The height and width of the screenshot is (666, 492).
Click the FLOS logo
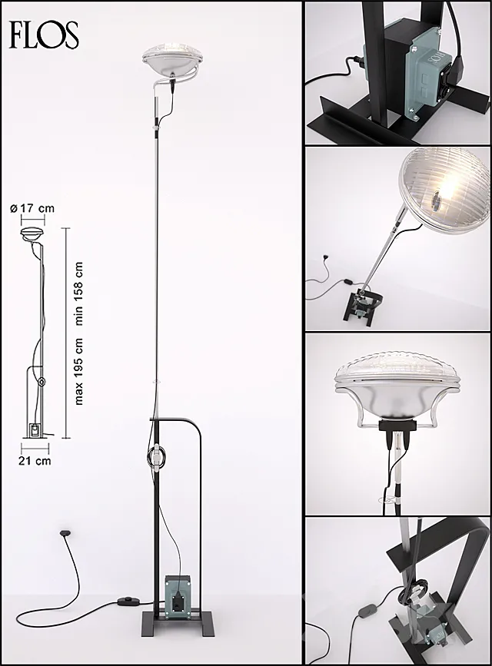pos(45,34)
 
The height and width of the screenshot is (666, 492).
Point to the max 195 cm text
pos(78,373)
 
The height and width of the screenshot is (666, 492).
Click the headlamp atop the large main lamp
pos(172,60)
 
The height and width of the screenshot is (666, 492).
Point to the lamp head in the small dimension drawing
pos(32,234)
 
